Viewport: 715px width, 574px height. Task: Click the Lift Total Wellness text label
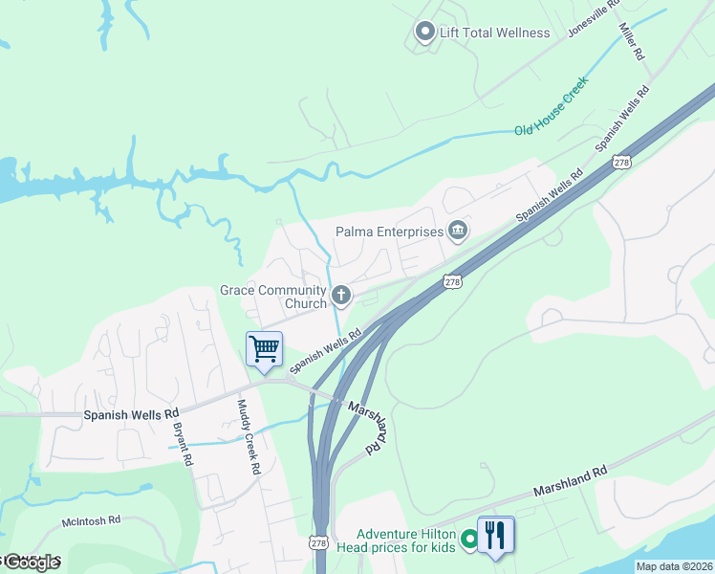click(x=494, y=33)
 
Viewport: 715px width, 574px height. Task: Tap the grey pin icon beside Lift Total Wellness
click(x=424, y=33)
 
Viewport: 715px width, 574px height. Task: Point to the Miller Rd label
click(x=632, y=43)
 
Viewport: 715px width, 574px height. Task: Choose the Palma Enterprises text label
click(x=389, y=231)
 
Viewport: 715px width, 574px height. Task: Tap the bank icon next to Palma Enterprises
click(x=458, y=231)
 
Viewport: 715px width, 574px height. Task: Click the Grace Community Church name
click(x=273, y=297)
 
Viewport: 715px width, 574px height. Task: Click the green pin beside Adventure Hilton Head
click(x=468, y=541)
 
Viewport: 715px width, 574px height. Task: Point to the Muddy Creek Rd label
click(x=248, y=437)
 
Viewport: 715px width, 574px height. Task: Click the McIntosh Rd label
click(x=91, y=519)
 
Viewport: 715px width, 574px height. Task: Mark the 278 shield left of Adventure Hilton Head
click(x=319, y=541)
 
